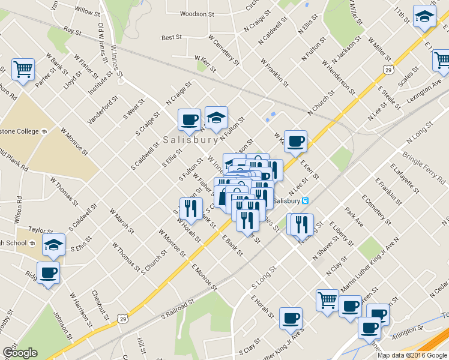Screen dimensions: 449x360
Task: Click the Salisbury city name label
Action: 189,139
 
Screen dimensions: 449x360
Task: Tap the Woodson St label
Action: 197,14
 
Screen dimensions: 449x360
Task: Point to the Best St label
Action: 172,37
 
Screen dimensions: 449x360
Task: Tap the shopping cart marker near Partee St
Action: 23,68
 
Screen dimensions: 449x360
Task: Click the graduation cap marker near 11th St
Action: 424,17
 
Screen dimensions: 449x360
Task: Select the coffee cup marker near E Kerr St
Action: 295,142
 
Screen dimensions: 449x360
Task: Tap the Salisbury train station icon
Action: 305,200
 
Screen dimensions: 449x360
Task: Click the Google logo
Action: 20,353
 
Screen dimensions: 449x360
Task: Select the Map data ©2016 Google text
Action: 412,355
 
